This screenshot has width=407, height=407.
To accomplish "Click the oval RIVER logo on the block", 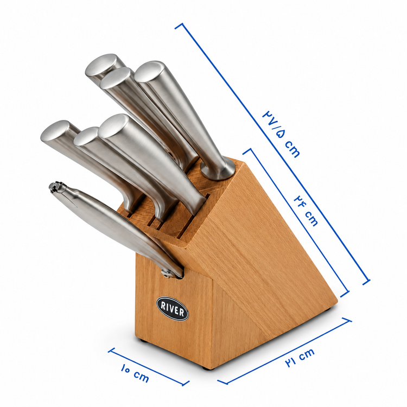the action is (x=173, y=308).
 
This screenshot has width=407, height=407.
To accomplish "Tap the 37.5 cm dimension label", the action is (x=281, y=134).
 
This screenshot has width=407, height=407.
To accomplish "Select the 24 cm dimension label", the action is (x=306, y=211).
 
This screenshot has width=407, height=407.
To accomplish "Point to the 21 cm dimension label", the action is (x=300, y=358).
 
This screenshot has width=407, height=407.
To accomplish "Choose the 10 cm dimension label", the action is (x=135, y=373).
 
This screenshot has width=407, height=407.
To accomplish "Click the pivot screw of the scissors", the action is (x=167, y=274).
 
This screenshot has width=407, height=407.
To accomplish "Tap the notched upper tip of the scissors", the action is (x=56, y=187).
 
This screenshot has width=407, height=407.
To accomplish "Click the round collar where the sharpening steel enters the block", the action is (x=218, y=170).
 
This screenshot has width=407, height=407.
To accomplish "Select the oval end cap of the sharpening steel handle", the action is (x=150, y=72).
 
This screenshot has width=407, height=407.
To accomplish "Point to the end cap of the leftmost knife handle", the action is (x=55, y=131).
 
